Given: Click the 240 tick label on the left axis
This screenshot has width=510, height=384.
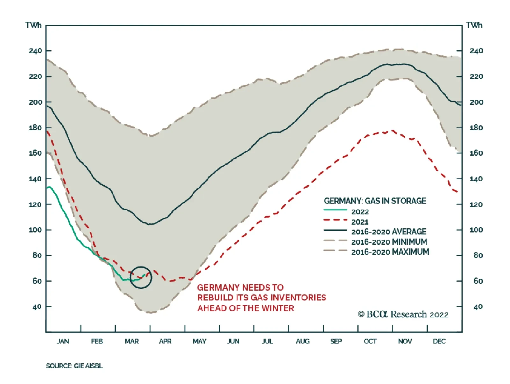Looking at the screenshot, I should [x=35, y=51].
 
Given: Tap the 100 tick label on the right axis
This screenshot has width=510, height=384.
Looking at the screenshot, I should [x=476, y=230].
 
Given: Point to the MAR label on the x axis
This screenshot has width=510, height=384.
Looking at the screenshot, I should [x=132, y=342].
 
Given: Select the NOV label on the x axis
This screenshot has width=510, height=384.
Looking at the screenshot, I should [x=405, y=342].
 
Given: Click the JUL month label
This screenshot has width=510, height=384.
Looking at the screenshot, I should [x=267, y=342].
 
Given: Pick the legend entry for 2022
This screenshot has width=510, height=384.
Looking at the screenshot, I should [x=360, y=212].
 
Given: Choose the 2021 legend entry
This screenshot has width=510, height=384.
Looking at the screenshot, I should [x=360, y=222].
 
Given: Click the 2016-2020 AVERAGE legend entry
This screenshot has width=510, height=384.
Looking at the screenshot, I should [x=389, y=232].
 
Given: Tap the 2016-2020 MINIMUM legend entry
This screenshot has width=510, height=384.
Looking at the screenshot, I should [x=389, y=242].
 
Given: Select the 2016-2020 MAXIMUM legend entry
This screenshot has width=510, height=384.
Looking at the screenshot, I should [x=390, y=252].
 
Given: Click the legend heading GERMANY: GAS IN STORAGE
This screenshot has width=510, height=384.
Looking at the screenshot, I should [x=375, y=201].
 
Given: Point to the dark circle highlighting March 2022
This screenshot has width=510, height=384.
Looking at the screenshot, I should [x=141, y=277].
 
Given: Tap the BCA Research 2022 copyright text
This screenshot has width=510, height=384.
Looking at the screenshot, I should [x=403, y=314].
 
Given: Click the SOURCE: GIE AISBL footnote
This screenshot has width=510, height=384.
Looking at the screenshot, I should [x=74, y=366].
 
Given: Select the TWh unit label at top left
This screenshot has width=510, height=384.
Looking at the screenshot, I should [x=33, y=26].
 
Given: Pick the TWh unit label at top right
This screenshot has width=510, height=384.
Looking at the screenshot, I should [x=474, y=26].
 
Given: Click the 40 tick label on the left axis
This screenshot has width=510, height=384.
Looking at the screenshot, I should [x=37, y=307].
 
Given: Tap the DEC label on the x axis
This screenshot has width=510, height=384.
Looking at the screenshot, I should [x=439, y=342].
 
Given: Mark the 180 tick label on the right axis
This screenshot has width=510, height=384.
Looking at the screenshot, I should [x=476, y=128].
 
